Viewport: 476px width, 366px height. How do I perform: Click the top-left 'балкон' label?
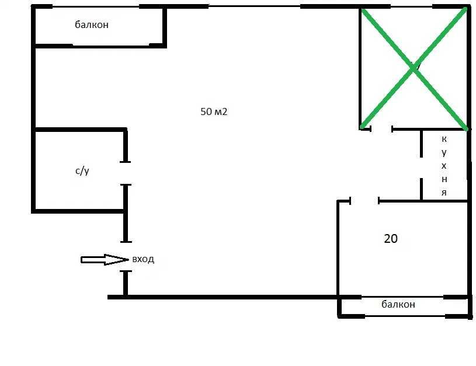pos(92,25)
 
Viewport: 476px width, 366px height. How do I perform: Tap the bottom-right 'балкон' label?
pos(398,304)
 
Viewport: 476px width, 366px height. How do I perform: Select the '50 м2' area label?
pos(214,111)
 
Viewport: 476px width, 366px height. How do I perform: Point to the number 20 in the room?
pos(391,239)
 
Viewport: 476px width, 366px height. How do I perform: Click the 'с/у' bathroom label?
pos(82,171)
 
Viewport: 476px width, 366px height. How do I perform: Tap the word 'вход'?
pos(143,260)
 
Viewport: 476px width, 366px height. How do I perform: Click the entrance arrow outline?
pos(105,260)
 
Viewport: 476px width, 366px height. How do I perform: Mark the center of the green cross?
pos(414,68)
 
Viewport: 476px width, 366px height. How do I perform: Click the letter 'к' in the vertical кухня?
pos(444,139)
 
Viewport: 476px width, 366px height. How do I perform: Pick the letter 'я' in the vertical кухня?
pos(444,193)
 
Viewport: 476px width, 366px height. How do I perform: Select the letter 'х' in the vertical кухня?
pos(444,166)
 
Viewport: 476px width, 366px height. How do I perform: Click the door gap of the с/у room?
pos(126,173)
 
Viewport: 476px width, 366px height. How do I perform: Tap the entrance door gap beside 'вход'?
pos(126,256)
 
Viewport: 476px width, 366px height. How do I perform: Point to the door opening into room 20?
pos(364,201)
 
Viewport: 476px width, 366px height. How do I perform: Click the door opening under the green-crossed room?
pos(381,129)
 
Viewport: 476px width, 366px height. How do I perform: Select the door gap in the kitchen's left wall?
pos(421,168)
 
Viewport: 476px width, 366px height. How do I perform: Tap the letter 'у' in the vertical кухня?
pos(444,153)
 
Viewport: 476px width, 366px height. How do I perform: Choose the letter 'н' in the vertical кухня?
pos(444,179)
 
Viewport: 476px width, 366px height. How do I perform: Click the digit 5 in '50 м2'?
pos(203,111)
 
